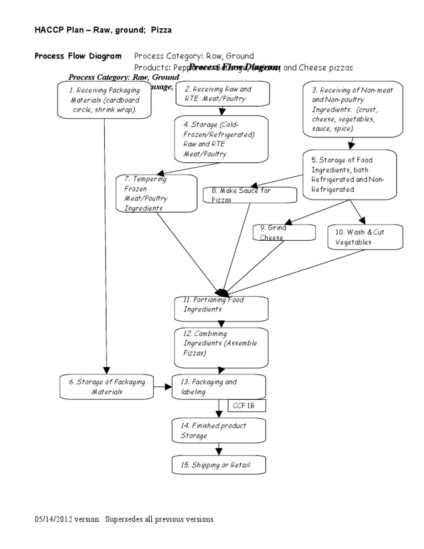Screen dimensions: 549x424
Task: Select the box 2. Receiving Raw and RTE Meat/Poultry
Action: (222, 93)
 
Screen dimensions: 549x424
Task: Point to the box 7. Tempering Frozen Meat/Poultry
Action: (157, 193)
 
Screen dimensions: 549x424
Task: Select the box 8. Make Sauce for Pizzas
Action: (250, 194)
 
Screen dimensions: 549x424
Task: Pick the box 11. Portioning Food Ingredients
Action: (221, 309)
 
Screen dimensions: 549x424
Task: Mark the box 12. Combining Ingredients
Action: (221, 347)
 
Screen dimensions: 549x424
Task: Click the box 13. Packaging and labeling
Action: (219, 387)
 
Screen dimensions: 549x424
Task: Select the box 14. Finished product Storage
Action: (219, 430)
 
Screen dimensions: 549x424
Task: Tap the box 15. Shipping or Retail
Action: (219, 464)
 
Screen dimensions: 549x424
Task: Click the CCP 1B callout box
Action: (247, 406)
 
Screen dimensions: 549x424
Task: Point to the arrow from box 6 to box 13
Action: (163, 387)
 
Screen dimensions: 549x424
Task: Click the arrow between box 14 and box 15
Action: (219, 449)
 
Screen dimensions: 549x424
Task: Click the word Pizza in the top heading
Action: (161, 30)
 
